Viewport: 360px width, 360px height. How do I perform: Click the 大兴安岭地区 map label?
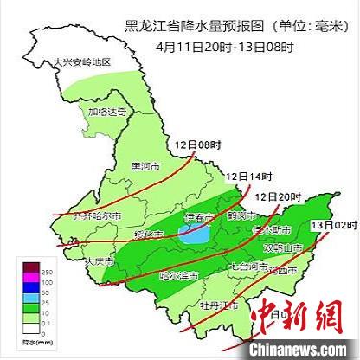[x=83, y=62]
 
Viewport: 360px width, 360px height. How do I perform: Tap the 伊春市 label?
[x=198, y=215]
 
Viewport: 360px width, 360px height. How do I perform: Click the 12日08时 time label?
[x=193, y=145]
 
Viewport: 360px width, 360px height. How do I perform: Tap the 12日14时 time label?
[x=243, y=177]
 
